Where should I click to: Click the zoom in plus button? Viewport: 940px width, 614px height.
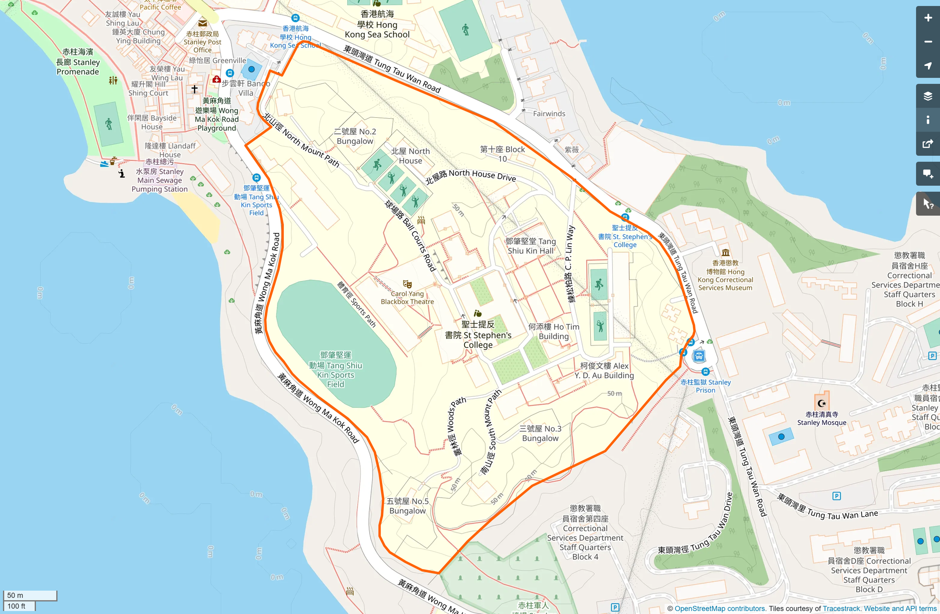[928, 18]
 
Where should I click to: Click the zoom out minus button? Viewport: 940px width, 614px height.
[928, 42]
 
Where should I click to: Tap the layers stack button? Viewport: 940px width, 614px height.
[928, 96]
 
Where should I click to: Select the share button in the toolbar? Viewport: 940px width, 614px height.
[928, 144]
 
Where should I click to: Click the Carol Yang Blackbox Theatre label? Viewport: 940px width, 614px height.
[407, 298]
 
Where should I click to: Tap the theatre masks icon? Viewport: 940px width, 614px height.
[407, 284]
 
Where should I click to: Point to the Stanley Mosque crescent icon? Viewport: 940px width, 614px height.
[822, 403]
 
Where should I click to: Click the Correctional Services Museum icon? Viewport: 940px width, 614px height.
[725, 253]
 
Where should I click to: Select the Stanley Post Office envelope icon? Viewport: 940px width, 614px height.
[203, 23]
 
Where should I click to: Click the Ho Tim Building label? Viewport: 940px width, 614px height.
[554, 331]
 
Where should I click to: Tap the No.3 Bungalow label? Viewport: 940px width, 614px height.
[540, 433]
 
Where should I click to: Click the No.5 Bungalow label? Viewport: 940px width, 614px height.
[408, 506]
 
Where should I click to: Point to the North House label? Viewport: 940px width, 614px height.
[410, 156]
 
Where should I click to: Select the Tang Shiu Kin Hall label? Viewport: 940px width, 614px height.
[530, 246]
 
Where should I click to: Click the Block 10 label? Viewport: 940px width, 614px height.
[502, 154]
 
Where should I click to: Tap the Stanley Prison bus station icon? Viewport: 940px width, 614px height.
[699, 356]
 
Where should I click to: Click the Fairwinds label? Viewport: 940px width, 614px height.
[549, 113]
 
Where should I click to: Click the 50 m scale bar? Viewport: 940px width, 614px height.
[30, 595]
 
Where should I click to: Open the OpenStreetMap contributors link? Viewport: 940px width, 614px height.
[719, 609]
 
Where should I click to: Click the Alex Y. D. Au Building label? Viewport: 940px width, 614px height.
[604, 370]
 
